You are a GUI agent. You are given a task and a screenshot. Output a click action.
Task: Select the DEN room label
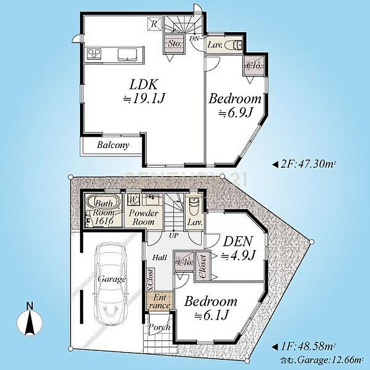[x=238, y=242]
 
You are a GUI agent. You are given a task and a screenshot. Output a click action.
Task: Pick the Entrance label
[x=159, y=301]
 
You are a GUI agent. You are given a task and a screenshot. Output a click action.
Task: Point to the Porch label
[x=159, y=327]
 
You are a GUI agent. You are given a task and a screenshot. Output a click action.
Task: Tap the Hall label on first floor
[x=159, y=257]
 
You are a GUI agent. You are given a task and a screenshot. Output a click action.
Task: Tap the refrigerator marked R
[x=154, y=24]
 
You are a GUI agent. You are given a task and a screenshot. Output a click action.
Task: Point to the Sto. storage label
[x=174, y=44]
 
